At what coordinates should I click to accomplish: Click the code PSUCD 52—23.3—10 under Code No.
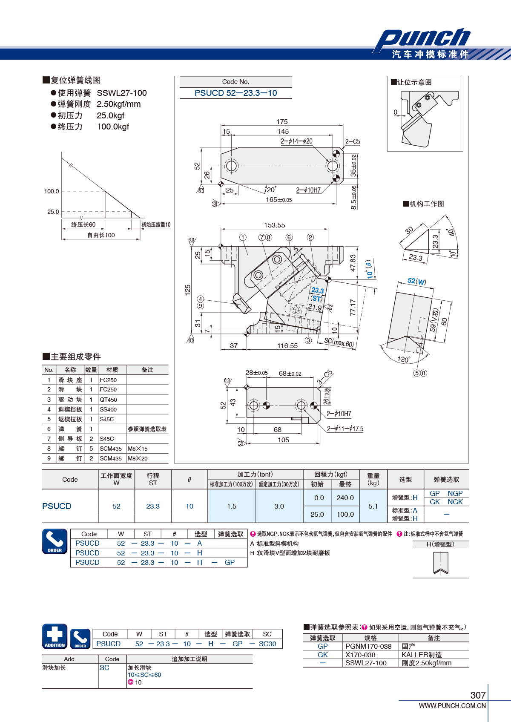(235, 93)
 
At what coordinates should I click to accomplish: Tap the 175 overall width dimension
(282, 121)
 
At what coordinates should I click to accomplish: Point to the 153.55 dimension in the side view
(275, 225)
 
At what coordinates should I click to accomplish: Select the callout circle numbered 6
(289, 237)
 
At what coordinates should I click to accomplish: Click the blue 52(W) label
(416, 282)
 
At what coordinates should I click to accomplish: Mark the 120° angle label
(404, 359)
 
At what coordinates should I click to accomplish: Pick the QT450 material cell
(108, 400)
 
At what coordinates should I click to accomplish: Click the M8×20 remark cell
(138, 458)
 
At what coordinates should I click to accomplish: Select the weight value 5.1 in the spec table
(373, 506)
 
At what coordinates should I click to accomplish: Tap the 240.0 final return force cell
(345, 498)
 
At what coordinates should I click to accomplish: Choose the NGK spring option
(455, 502)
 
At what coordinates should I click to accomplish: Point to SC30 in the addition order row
(267, 644)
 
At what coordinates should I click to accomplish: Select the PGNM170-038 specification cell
(368, 646)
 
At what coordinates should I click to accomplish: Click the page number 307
(478, 695)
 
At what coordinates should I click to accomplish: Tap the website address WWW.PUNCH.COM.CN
(452, 705)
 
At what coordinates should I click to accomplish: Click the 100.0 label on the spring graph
(52, 191)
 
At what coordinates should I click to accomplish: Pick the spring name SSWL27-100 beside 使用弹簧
(122, 93)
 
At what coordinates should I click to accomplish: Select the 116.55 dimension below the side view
(287, 345)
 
